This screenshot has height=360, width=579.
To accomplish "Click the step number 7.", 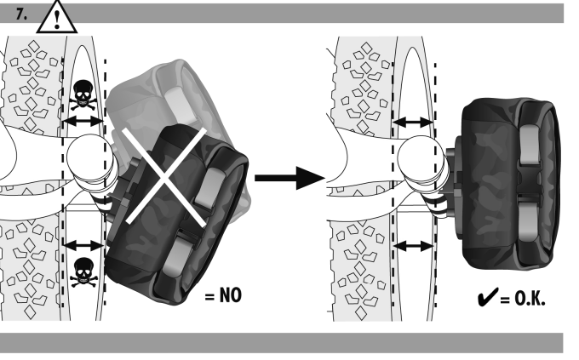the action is tap(21, 14).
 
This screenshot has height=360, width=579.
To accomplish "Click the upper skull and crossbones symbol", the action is tap(83, 95).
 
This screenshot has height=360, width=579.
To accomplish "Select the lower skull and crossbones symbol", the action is tap(83, 272).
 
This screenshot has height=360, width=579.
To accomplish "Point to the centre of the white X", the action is tap(166, 176).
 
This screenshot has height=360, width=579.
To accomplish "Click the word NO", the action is tap(231, 295).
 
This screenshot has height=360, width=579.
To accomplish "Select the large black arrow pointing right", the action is tap(289, 178).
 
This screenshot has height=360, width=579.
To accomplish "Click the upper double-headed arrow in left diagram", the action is tap(83, 121).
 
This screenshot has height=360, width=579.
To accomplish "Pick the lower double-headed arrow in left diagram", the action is tap(83, 245).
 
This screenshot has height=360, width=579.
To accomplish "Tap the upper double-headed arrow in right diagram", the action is tap(414, 123).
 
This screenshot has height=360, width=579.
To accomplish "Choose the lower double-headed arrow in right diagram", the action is tap(414, 246).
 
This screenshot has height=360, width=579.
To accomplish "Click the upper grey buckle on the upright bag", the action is tap(530, 145).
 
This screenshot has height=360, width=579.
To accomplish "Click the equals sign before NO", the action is tap(209, 296).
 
